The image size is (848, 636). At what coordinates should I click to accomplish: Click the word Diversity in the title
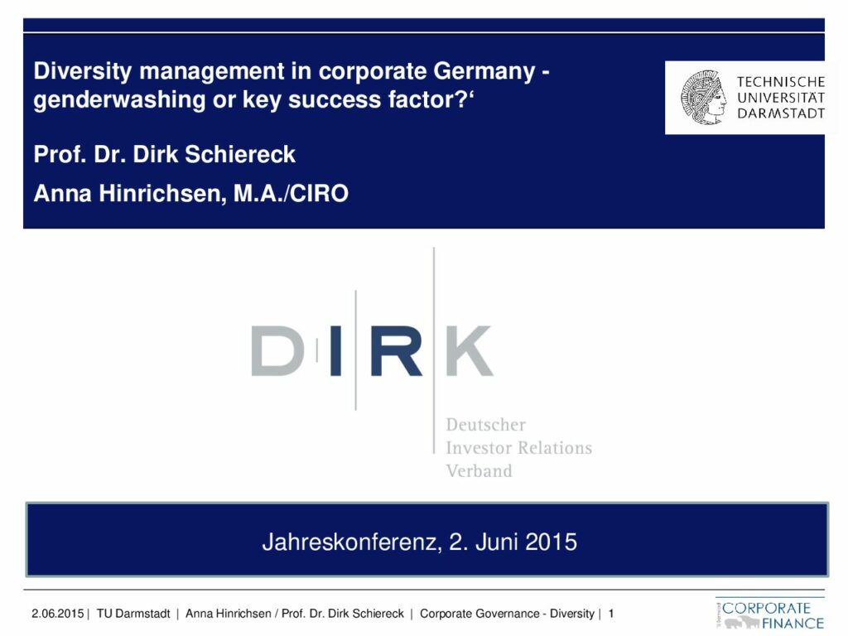tap(83, 71)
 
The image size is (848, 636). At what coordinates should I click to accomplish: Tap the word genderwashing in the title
tap(119, 99)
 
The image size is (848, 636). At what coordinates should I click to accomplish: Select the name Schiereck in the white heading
tap(240, 154)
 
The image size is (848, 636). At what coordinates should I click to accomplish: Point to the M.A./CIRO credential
tap(291, 194)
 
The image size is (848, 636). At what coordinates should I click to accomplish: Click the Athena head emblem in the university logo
tap(703, 98)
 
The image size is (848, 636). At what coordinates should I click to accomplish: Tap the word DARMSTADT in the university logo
tap(781, 113)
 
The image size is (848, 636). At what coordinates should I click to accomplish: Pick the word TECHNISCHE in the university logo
tap(781, 82)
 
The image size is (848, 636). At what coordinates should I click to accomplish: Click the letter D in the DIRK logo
tap(277, 350)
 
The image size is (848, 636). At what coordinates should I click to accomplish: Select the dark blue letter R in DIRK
tap(397, 350)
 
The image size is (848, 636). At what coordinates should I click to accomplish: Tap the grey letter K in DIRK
tap(470, 350)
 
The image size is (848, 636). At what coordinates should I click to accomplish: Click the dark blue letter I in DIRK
tap(335, 350)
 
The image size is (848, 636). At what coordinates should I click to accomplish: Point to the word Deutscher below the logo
tap(485, 425)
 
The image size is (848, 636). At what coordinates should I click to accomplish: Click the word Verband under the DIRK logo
tap(479, 471)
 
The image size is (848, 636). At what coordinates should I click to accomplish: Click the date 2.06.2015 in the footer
tap(57, 614)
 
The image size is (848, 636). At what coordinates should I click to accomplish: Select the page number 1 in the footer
tap(611, 614)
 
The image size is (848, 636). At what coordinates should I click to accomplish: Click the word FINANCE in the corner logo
tap(793, 624)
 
